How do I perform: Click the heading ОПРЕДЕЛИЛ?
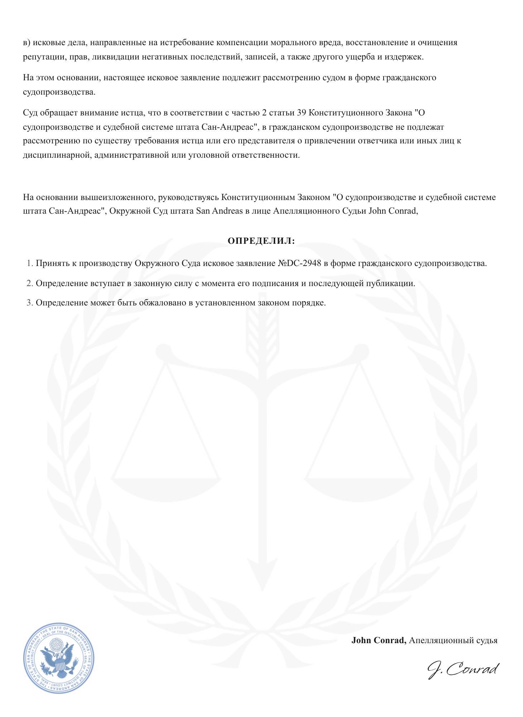pyautogui.click(x=261, y=241)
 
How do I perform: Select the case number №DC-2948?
pyautogui.click(x=299, y=263)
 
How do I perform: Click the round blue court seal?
pyautogui.click(x=58, y=658)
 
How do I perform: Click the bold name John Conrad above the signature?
pyautogui.click(x=379, y=640)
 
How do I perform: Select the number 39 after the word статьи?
pyautogui.click(x=301, y=113)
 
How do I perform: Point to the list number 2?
pyautogui.click(x=29, y=283)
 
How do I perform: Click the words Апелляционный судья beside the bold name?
pyautogui.click(x=453, y=640)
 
